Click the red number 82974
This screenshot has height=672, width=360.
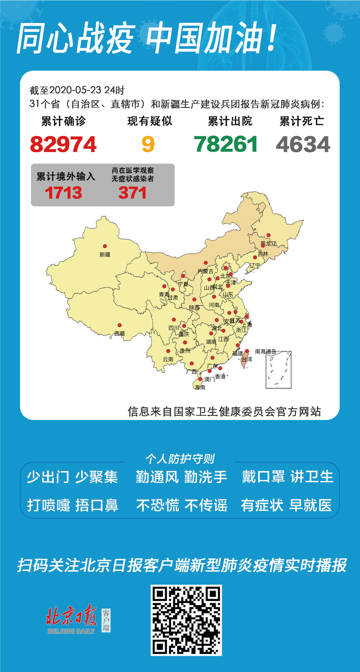(63, 144)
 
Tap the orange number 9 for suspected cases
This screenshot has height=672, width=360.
(148, 144)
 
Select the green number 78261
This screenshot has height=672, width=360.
(226, 144)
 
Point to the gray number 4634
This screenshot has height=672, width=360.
(303, 144)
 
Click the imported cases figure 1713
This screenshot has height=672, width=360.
(63, 193)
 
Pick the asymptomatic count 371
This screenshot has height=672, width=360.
(133, 193)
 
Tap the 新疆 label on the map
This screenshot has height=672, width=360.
(105, 254)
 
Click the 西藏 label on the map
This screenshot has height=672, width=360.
(119, 334)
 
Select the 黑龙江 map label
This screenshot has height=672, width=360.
(268, 244)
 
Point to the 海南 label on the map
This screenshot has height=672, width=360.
(200, 387)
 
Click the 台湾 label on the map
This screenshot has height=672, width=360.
(247, 360)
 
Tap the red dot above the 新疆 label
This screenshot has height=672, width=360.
(105, 246)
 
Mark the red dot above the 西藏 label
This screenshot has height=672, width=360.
(120, 325)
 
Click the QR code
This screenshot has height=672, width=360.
(186, 620)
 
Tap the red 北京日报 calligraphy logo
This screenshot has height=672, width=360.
(72, 615)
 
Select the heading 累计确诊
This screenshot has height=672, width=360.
(63, 121)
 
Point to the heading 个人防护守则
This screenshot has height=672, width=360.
(180, 459)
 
